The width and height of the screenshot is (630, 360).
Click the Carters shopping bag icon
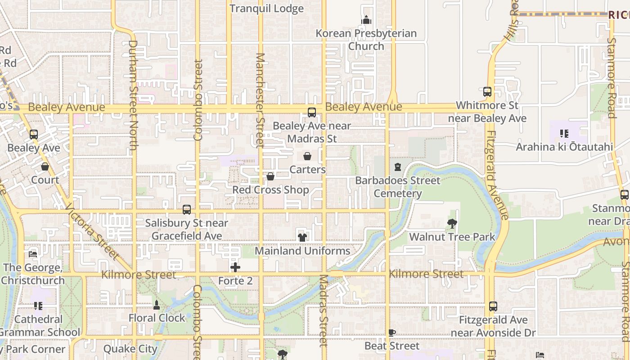point(307,156)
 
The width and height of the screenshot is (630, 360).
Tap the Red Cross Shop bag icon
point(270,176)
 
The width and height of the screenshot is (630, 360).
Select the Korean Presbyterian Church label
point(366,40)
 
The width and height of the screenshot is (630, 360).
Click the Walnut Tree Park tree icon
point(452,223)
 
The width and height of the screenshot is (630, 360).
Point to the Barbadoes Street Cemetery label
point(398,187)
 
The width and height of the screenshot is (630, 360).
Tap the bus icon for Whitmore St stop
point(487,92)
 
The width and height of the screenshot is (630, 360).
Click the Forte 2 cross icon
point(235,268)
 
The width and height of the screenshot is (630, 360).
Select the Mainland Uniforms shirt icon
point(302,237)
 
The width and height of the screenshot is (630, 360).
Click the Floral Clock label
point(157,318)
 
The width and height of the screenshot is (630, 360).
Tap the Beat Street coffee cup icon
point(392,333)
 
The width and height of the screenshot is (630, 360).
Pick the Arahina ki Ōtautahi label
point(564,147)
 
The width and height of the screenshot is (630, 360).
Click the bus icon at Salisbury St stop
point(187,210)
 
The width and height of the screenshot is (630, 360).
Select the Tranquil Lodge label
point(266,9)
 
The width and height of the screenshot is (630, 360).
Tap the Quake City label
point(130,349)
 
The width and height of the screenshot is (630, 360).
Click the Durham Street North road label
point(133,94)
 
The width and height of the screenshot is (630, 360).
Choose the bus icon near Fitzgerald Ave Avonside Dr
point(493,306)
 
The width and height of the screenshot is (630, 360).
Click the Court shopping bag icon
point(45,166)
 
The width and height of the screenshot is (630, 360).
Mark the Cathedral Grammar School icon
point(38,306)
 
